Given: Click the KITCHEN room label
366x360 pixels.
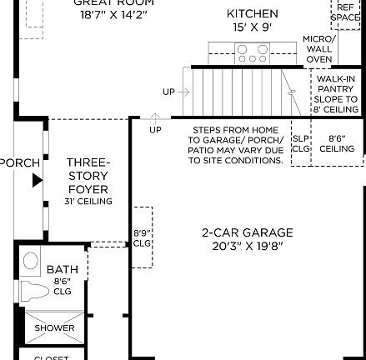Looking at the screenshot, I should tap(253, 14).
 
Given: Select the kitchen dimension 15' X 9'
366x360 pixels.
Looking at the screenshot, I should tap(253, 27).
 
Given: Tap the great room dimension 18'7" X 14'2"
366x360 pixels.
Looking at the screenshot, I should tap(113, 14).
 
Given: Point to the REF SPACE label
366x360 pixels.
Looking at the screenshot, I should tap(345, 12).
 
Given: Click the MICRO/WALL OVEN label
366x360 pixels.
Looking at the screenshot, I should tap(318, 49).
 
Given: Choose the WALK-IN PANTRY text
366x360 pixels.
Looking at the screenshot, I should tap(336, 84).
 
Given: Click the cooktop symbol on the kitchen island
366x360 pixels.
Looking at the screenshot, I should tap(252, 54).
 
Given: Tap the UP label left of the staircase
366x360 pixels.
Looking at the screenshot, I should tap(169, 92).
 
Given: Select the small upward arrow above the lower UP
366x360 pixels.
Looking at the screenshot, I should tap(155, 117).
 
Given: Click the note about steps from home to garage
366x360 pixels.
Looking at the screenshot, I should tap(235, 145).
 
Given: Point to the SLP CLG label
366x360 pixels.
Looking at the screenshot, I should tap(301, 144).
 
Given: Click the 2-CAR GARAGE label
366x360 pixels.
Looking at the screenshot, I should tap(248, 233).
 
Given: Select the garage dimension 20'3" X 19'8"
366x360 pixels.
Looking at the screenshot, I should tap(248, 246).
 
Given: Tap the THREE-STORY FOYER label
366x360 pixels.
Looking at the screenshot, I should tap(88, 176).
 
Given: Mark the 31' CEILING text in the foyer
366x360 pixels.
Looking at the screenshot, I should tap(88, 202).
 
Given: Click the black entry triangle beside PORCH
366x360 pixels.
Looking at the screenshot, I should tap(38, 180).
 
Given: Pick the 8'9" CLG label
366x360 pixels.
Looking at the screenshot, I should tap(142, 238).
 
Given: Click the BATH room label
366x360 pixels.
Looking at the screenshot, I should tap(63, 269).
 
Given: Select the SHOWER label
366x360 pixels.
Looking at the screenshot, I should tap(54, 327).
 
